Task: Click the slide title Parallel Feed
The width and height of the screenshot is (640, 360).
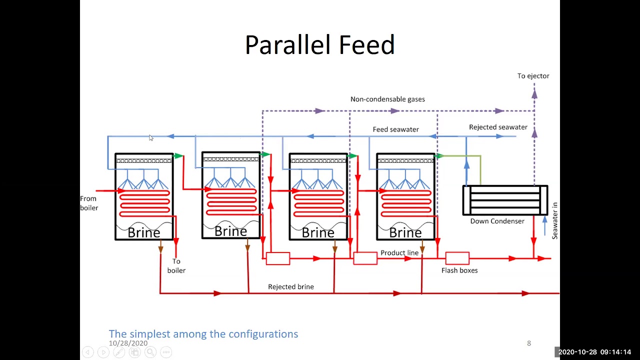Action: (320, 44)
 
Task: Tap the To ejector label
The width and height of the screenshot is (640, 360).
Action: (533, 76)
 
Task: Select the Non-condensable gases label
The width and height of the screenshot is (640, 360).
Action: (387, 99)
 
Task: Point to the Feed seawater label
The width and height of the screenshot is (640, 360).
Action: (395, 129)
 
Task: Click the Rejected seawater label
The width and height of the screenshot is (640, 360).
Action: (498, 127)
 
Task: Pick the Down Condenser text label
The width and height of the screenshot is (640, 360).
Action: (497, 221)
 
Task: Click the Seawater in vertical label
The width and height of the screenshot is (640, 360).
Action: (554, 220)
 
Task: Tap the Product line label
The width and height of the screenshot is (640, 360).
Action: (399, 253)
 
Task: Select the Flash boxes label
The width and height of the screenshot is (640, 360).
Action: (459, 270)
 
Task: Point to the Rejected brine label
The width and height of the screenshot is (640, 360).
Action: (291, 286)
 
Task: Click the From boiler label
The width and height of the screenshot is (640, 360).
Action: (89, 203)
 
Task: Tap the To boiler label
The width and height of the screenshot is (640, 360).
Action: (176, 265)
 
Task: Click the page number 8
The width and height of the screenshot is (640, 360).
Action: (529, 343)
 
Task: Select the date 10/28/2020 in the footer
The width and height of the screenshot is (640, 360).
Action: (128, 343)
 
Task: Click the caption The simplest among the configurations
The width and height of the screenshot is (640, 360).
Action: (203, 333)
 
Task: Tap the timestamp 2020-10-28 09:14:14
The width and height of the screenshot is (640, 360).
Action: (594, 352)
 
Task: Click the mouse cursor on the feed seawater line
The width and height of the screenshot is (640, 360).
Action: (151, 137)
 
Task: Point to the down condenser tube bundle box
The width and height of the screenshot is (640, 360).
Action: (505, 200)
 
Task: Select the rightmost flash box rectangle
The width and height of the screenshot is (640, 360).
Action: (457, 258)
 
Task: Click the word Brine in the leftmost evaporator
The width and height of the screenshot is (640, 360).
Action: (143, 232)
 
